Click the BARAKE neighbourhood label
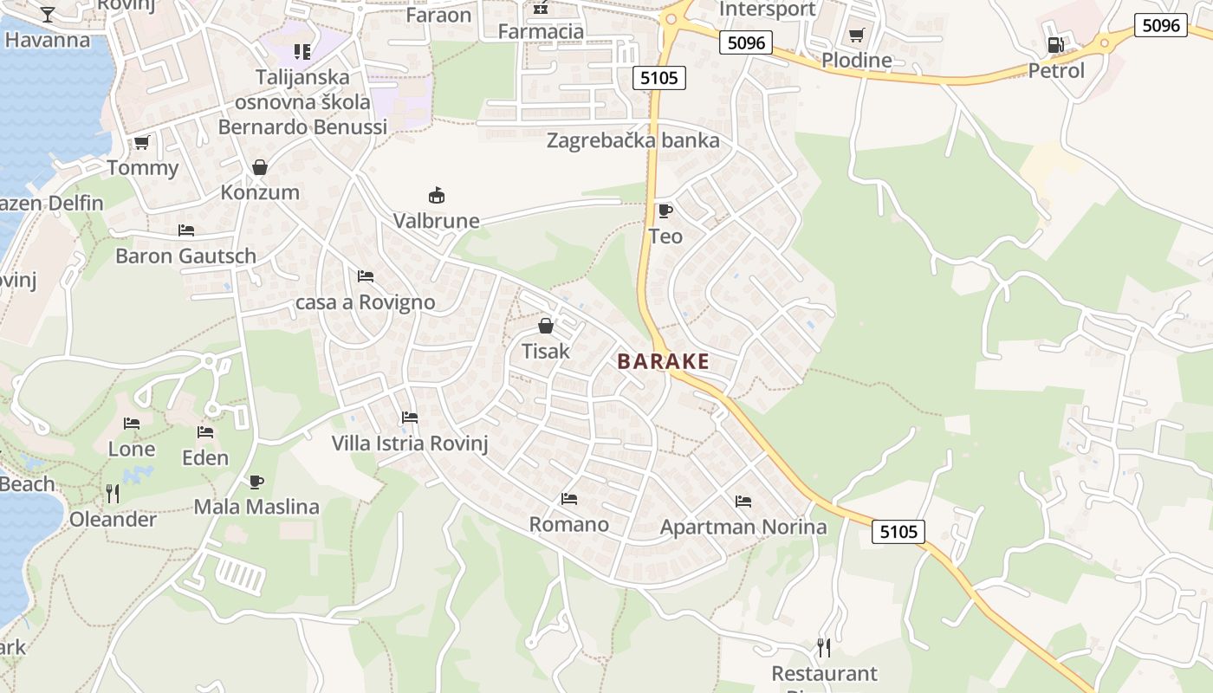click(663, 362)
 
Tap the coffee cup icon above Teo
click(665, 210)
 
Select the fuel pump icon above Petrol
click(1055, 45)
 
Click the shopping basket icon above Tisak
click(546, 326)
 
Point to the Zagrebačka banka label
click(632, 140)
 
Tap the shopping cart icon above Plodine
click(856, 36)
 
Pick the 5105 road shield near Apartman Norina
click(898, 531)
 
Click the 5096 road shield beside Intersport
click(745, 42)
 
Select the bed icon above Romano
click(569, 498)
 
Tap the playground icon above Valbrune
click(437, 195)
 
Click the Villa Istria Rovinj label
click(410, 444)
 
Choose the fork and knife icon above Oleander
click(113, 493)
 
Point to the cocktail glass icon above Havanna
click(48, 14)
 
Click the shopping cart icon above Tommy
click(141, 142)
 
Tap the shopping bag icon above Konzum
click(259, 166)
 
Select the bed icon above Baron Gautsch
click(185, 230)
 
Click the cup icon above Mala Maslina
click(256, 482)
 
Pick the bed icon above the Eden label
click(205, 431)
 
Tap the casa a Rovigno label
click(365, 303)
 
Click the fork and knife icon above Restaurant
click(824, 647)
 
